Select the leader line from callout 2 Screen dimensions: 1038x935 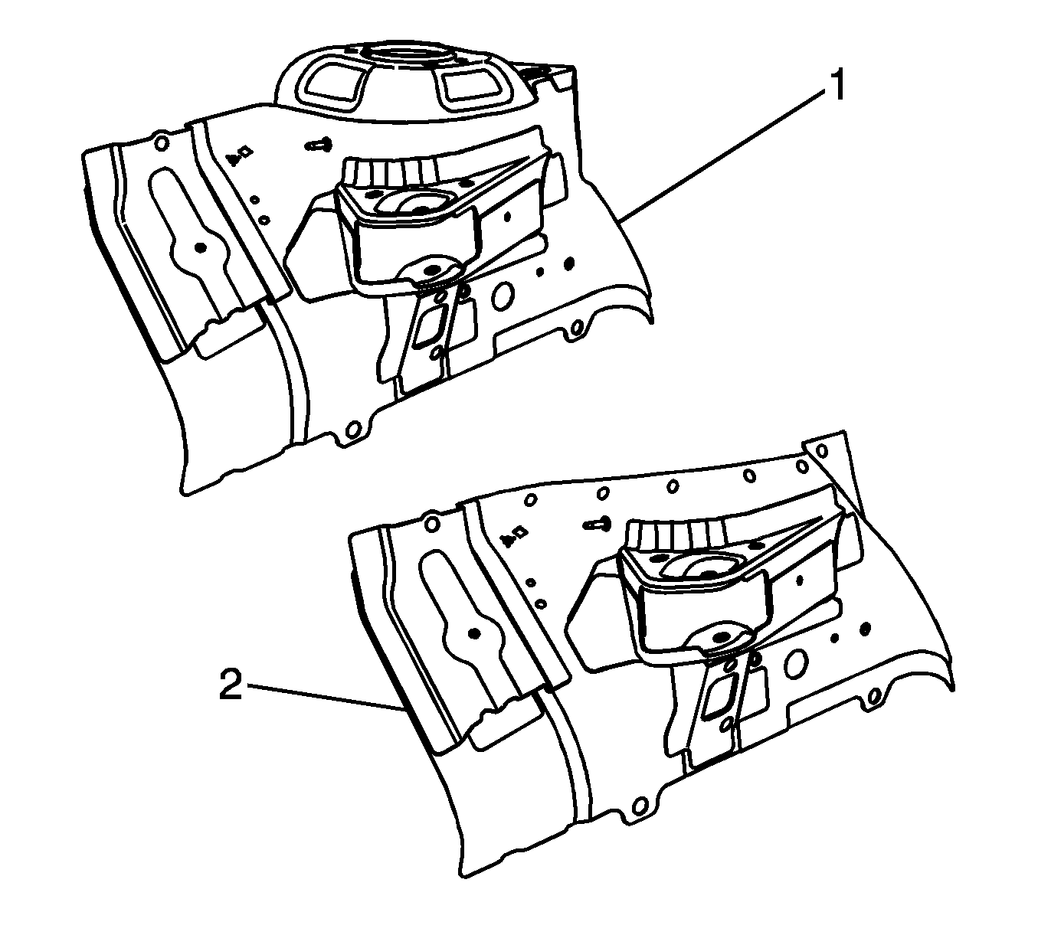coord(325,696)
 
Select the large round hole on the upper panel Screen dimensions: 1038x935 coord(503,296)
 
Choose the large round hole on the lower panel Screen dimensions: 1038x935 coord(797,665)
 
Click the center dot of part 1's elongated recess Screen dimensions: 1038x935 coord(201,248)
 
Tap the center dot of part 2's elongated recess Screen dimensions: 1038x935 coord(473,633)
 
